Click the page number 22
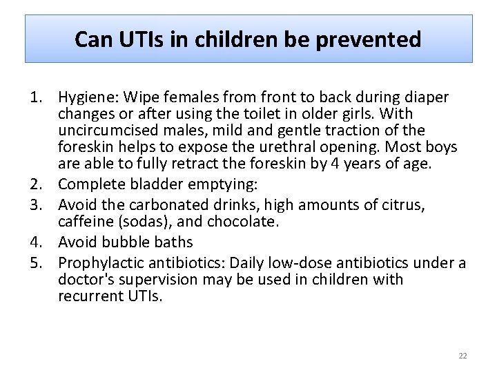[x=462, y=356]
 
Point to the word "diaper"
[x=427, y=97]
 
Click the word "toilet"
[x=259, y=114]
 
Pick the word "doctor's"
[x=86, y=280]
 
